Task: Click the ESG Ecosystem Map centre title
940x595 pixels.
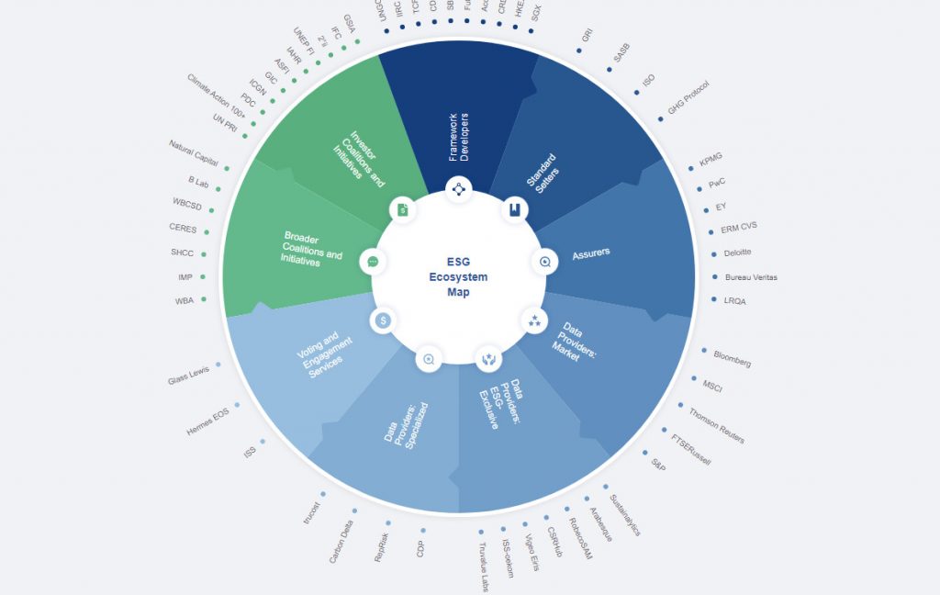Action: point(458,276)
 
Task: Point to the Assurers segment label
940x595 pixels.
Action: point(590,252)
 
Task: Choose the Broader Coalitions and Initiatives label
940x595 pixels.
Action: point(312,248)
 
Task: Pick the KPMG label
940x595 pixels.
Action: point(711,161)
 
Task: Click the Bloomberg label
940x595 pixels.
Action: point(732,358)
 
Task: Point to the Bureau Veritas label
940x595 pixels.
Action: point(751,277)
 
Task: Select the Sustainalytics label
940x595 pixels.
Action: point(624,515)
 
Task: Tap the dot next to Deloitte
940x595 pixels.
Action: point(713,253)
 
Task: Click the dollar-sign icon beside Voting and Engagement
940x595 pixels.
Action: point(383,320)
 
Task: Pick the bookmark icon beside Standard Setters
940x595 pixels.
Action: point(514,210)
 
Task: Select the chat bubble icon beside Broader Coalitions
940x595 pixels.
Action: point(373,262)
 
